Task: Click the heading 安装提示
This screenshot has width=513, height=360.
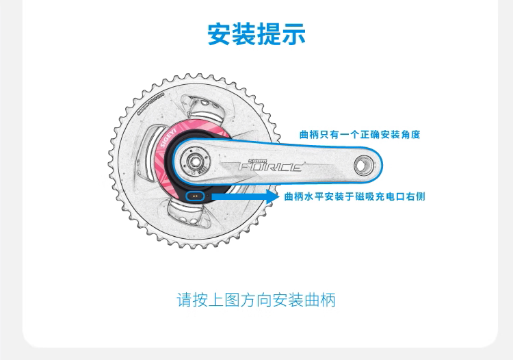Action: pos(256,34)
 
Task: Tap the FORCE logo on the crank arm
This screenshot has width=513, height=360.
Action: pos(269,166)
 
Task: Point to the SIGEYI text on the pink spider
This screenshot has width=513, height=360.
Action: pos(166,138)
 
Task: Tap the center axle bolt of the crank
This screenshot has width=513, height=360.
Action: pos(195,162)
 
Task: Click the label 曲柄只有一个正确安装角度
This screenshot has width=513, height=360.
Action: pos(359,135)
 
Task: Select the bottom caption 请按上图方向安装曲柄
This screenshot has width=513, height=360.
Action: pos(256,300)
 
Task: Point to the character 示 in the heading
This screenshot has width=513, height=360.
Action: pos(293,34)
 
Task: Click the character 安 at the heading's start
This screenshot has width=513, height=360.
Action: pos(220,34)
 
